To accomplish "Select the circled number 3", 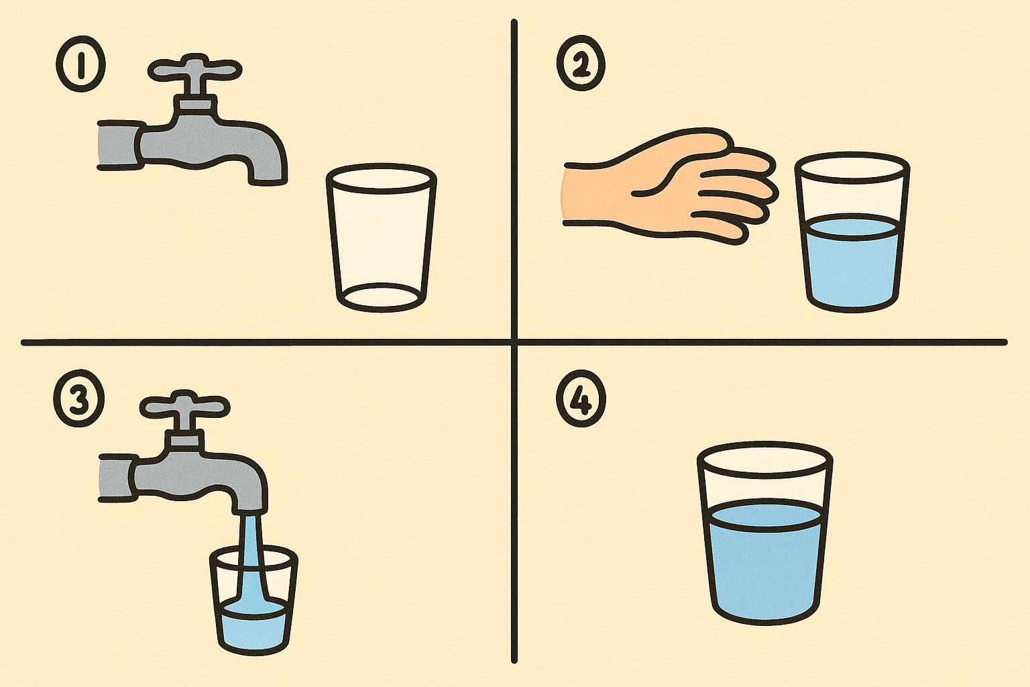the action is coord(79,400).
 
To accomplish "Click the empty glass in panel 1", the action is coord(381,237).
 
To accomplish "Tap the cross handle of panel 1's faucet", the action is coord(194,70).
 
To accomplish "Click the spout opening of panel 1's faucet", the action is coord(268,180).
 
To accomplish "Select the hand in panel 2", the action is coord(669,187).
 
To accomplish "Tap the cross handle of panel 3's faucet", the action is coord(184,406).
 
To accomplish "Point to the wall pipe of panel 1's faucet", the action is coord(119,145).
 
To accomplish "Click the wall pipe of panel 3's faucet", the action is coord(118,477).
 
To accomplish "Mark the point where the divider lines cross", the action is coord(514,342).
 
